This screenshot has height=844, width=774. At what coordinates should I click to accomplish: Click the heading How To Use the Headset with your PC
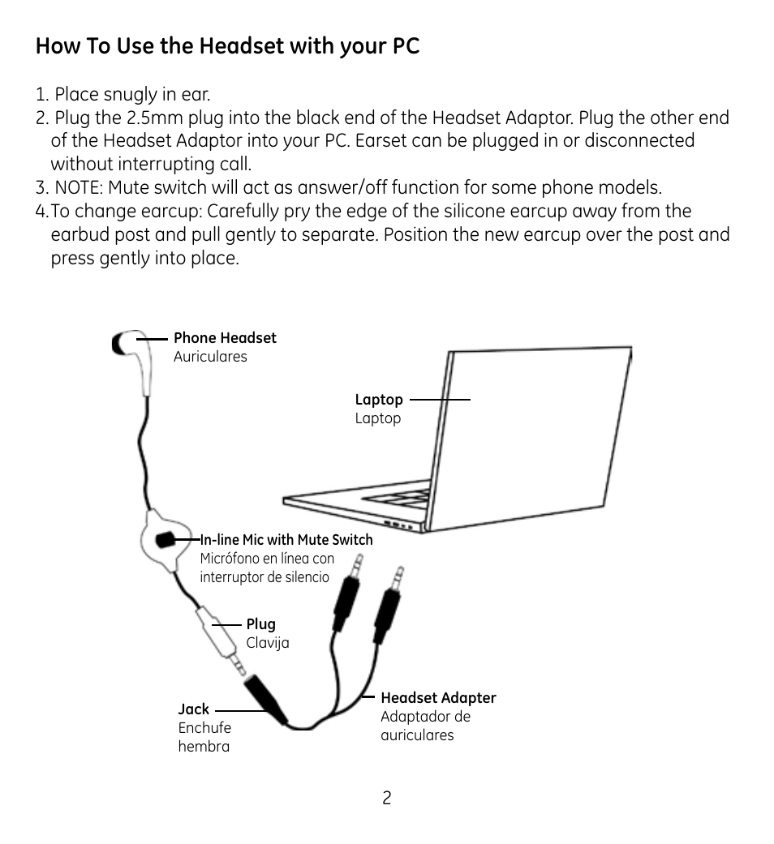(227, 46)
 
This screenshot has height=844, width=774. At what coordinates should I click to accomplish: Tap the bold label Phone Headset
(225, 338)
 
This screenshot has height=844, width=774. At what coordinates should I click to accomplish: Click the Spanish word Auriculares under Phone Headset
(210, 357)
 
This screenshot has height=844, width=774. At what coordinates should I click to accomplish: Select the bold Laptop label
(379, 400)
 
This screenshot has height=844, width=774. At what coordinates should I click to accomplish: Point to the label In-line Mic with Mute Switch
(286, 540)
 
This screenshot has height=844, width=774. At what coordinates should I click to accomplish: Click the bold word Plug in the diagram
(261, 624)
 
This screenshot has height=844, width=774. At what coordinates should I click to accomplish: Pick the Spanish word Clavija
(268, 643)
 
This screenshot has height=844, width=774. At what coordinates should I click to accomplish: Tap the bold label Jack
(194, 709)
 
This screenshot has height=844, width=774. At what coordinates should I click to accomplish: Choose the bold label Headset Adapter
(438, 698)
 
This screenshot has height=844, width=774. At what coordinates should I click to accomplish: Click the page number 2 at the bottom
(387, 799)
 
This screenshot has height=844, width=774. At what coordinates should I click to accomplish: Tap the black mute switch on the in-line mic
(166, 539)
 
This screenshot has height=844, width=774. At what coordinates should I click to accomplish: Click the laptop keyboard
(406, 494)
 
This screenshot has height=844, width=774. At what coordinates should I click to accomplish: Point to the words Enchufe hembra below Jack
(204, 737)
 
